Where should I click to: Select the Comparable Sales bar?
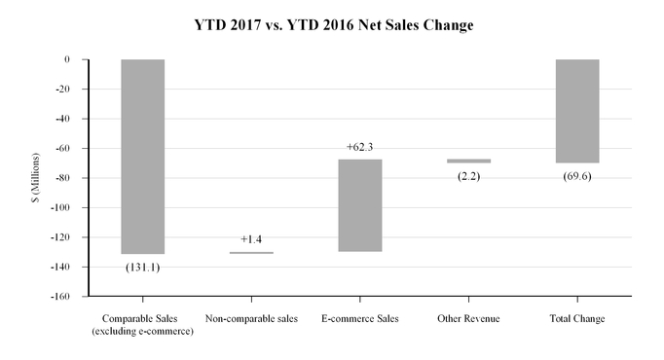(x=142, y=156)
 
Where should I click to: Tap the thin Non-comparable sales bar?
(x=251, y=253)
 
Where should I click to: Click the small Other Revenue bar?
(x=469, y=161)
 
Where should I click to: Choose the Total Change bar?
(x=577, y=111)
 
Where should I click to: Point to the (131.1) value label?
(x=143, y=267)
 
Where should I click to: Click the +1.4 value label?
(x=251, y=238)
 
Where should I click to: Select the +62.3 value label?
(x=360, y=147)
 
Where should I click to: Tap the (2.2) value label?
(x=469, y=176)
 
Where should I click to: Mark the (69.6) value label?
(x=577, y=176)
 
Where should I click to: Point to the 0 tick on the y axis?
(x=67, y=59)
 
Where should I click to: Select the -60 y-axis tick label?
(x=64, y=148)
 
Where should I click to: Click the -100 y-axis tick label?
(x=61, y=207)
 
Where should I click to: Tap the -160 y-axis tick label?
(x=61, y=296)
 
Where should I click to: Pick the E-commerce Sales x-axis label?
(x=360, y=319)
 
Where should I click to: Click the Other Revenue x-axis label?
(x=469, y=319)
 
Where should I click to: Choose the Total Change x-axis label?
(x=577, y=319)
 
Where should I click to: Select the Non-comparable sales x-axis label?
(x=251, y=319)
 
